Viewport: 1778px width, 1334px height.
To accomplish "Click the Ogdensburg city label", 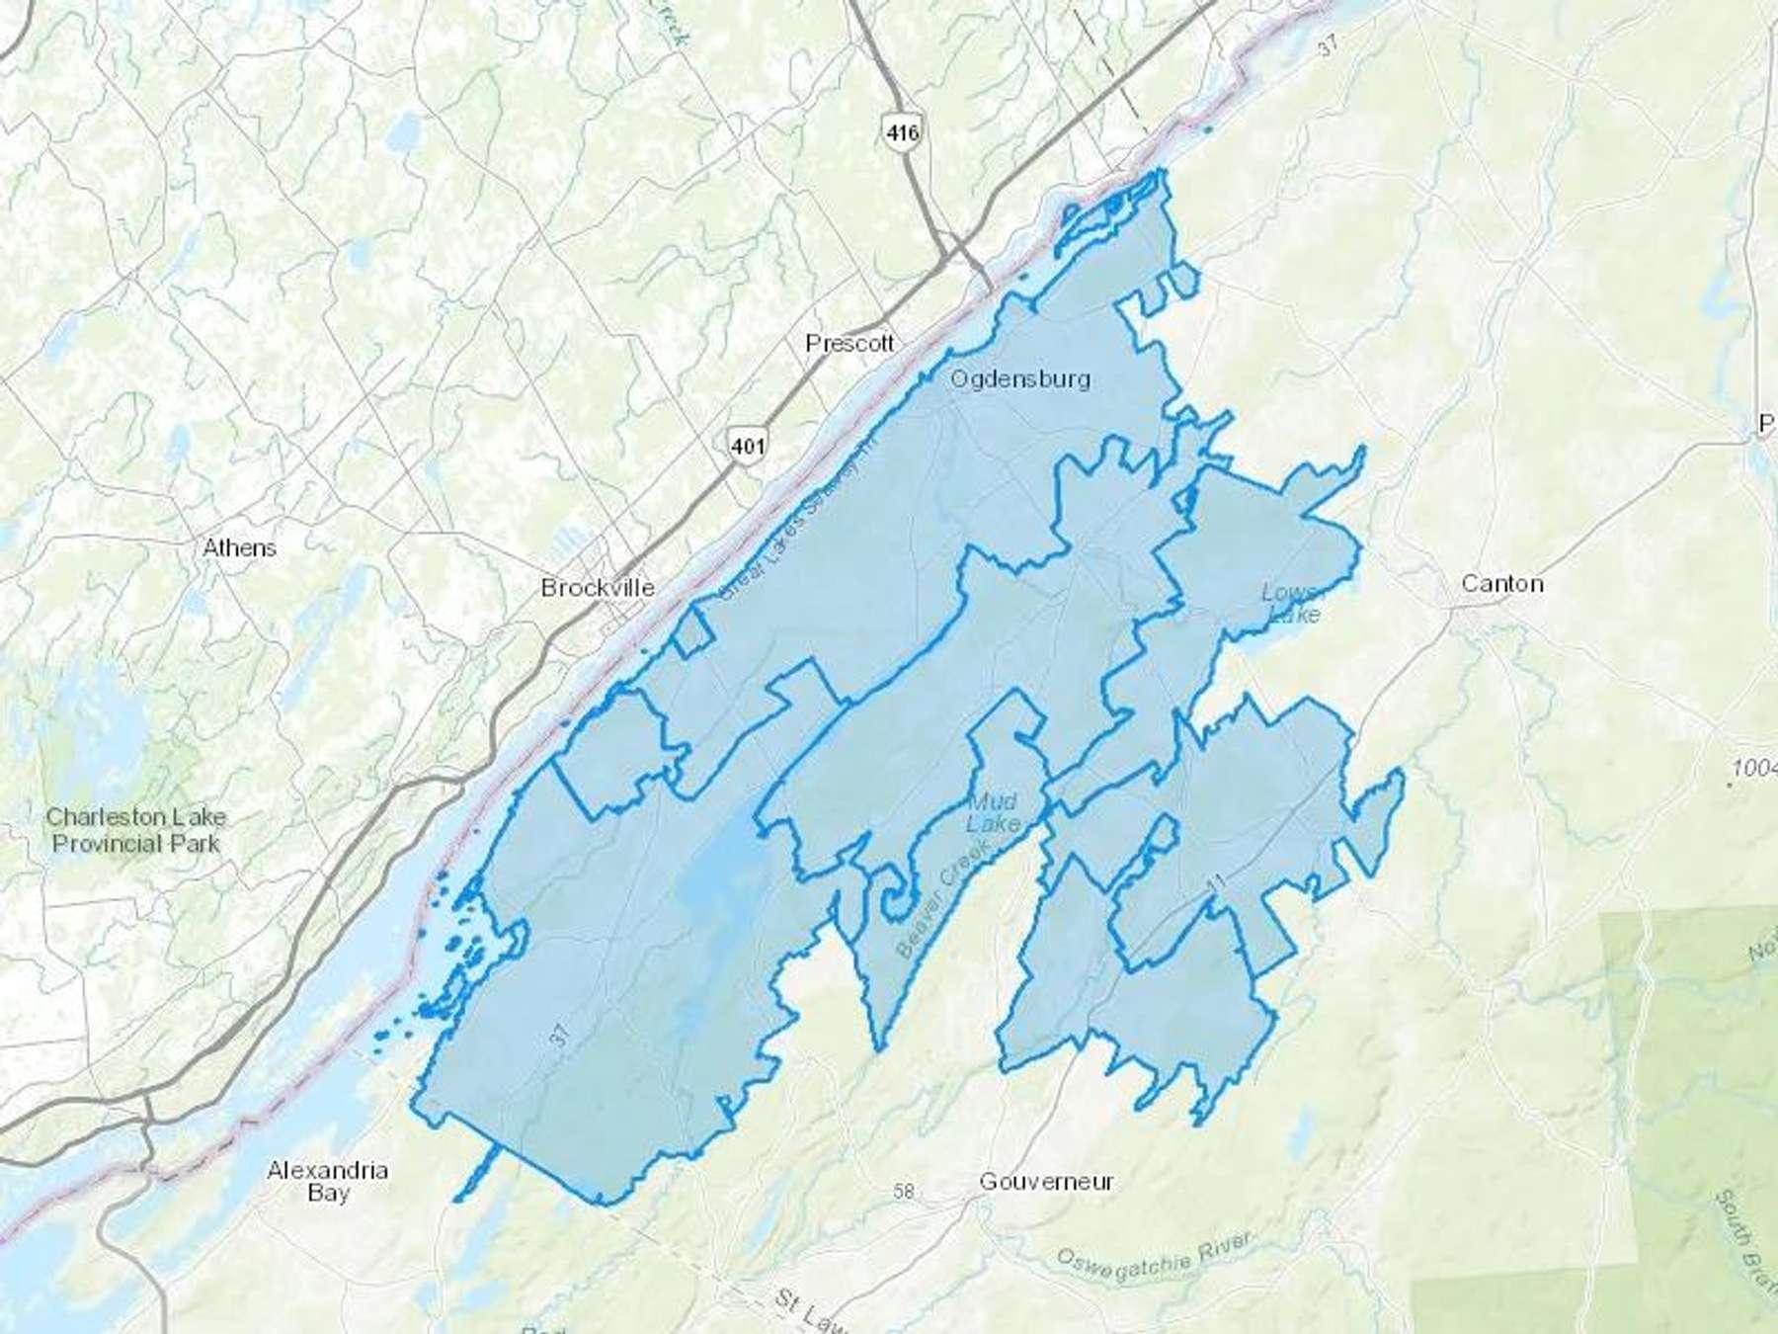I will click(1020, 379).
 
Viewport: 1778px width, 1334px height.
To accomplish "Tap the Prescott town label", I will click(849, 344).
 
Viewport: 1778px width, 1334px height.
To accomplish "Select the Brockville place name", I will click(598, 588).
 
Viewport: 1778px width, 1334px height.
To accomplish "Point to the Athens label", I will click(239, 548).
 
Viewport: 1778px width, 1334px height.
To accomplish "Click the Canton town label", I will click(1501, 584).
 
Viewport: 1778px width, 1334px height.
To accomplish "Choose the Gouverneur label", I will click(1046, 1182).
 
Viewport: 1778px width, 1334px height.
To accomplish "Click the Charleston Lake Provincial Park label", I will click(136, 830).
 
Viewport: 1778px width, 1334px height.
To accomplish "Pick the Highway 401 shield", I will click(747, 446).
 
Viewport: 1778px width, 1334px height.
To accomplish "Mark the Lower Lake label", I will click(1292, 604).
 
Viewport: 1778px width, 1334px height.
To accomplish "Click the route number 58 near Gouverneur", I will click(903, 1193).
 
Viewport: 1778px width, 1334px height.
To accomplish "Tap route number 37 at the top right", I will click(1330, 71).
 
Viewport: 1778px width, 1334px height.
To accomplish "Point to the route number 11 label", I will click(1216, 882).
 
